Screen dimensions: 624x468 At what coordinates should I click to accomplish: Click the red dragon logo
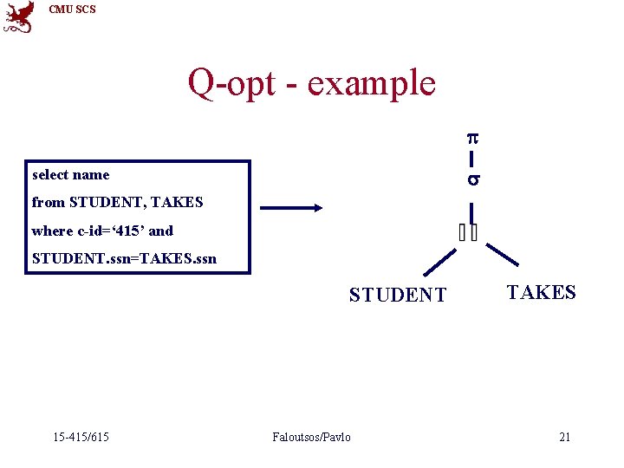pos(19,16)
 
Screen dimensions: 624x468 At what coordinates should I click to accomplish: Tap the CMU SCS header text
pos(73,10)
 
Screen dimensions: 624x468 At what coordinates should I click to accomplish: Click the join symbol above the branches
pos(469,231)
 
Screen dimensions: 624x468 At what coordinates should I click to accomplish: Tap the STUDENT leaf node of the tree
pos(398,296)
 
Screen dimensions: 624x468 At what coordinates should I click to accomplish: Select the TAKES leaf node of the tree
pos(541,293)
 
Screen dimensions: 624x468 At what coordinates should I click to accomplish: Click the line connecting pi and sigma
pos(471,159)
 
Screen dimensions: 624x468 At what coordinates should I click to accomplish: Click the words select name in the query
pos(71,175)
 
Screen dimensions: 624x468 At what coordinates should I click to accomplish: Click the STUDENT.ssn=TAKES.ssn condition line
pos(124,259)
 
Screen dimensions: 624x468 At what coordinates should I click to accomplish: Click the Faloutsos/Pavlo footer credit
pos(311,437)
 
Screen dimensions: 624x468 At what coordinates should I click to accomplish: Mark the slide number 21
pos(564,437)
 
